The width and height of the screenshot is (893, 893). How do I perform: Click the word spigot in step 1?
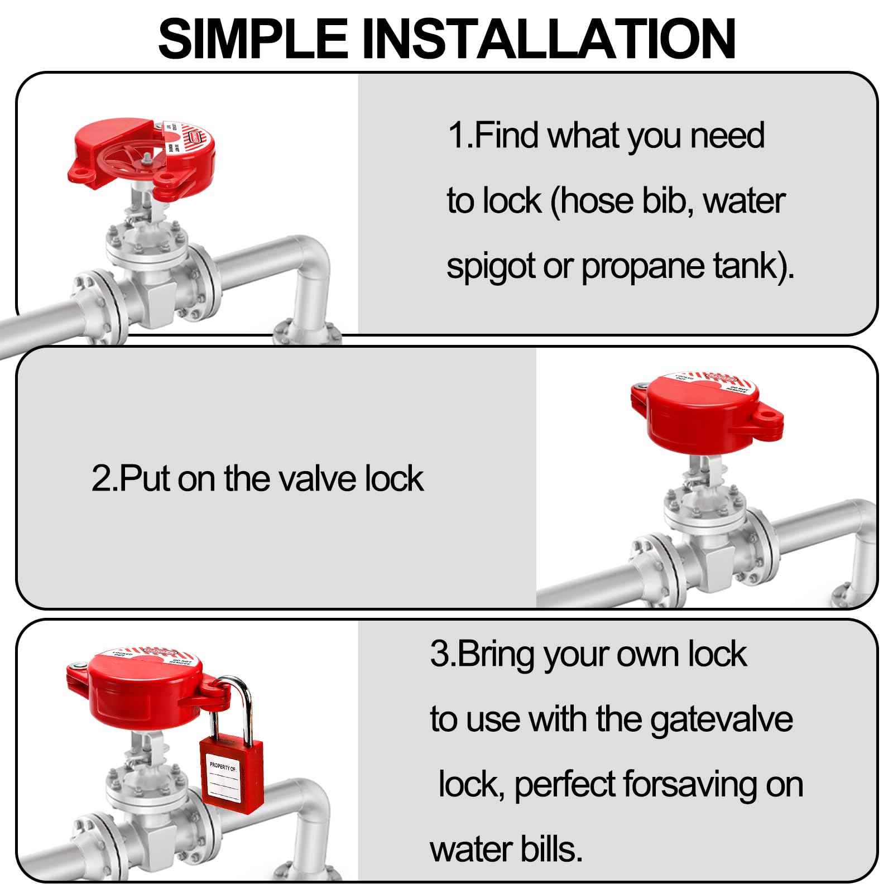pos(491,267)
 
